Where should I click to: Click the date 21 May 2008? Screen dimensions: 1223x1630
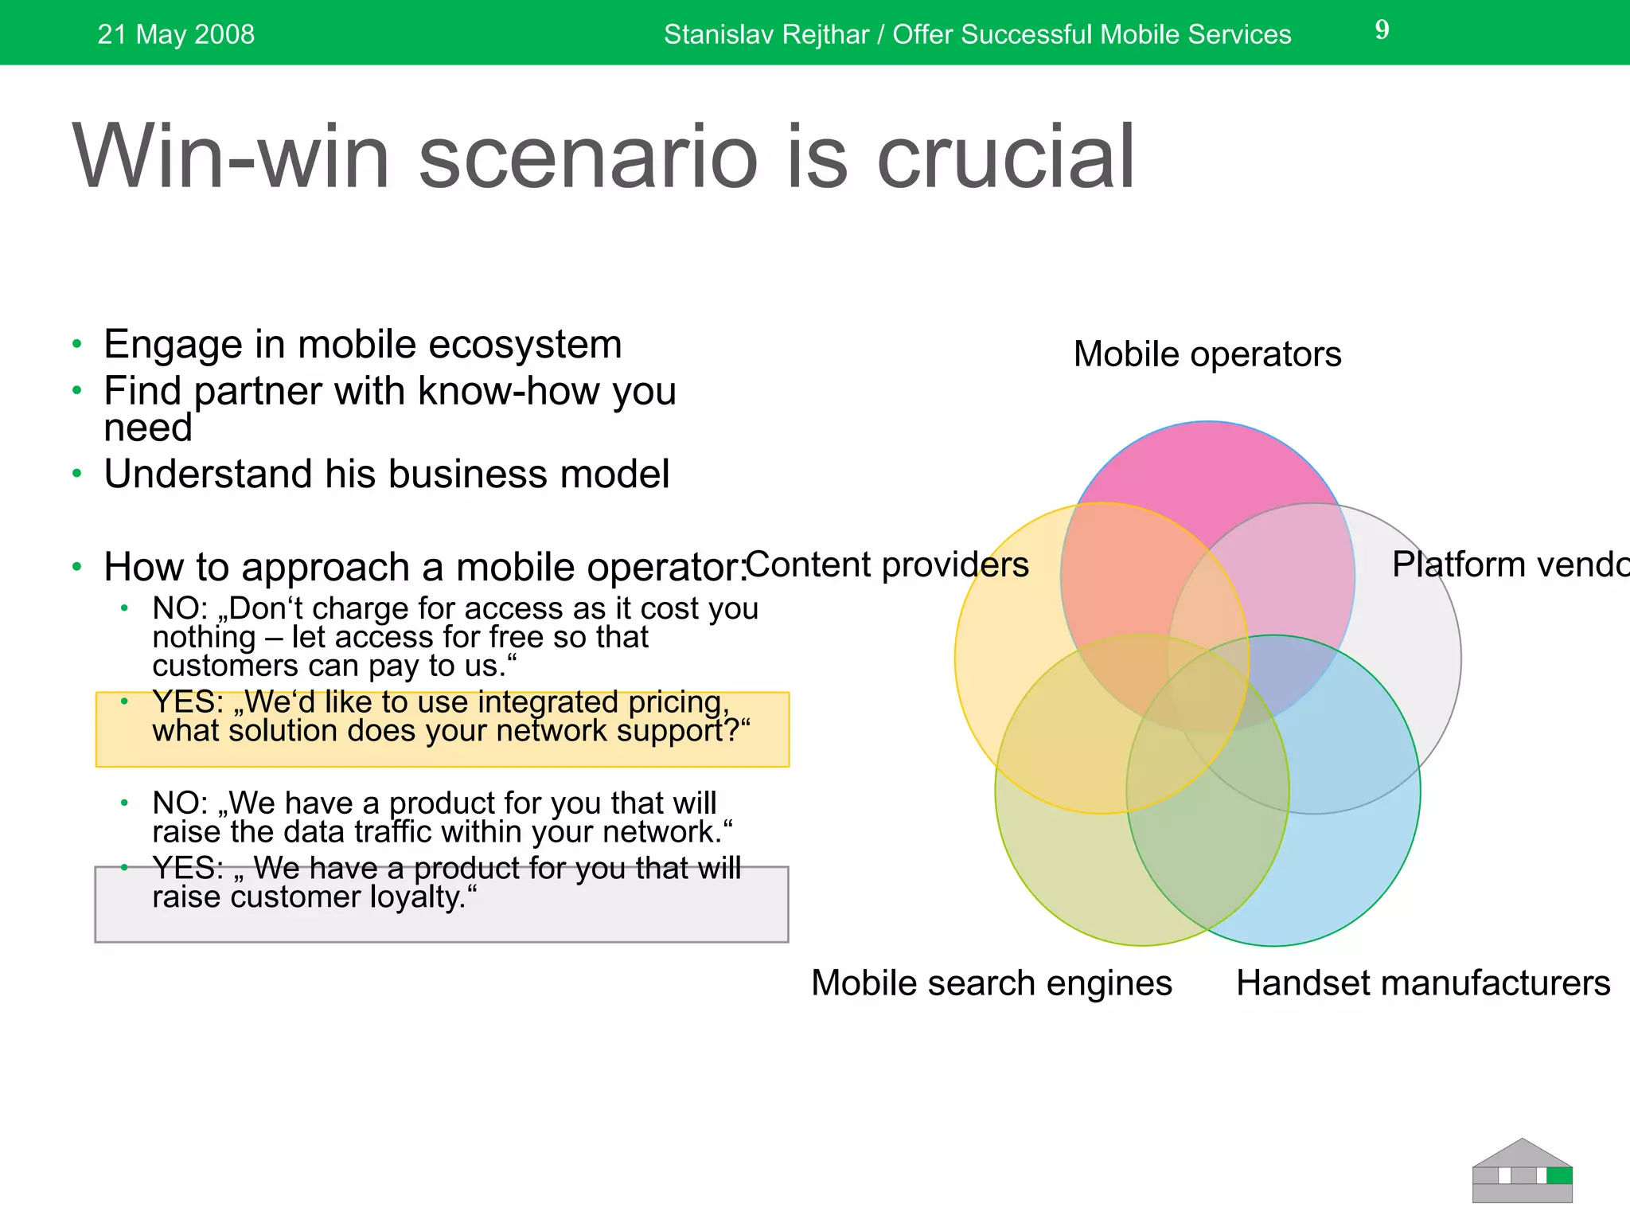click(x=176, y=34)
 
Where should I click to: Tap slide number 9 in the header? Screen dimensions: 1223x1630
click(x=1382, y=30)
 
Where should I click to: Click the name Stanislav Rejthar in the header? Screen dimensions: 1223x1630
click(x=766, y=34)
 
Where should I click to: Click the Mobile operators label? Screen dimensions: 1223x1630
click(x=1207, y=354)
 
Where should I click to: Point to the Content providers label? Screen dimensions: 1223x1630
click(x=887, y=565)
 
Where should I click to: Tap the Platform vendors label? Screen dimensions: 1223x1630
click(x=1508, y=565)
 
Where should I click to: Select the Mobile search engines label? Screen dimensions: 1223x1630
click(x=991, y=983)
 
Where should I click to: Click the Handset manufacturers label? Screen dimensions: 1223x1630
click(x=1422, y=983)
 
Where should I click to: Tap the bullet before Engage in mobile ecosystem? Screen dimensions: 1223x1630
click(x=77, y=345)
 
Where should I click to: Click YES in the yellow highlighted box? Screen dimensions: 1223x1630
click(x=188, y=702)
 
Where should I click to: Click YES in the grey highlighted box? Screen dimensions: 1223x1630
click(x=188, y=868)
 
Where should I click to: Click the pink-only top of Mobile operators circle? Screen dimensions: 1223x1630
click(x=1208, y=470)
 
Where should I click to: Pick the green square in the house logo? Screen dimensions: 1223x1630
click(x=1560, y=1176)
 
